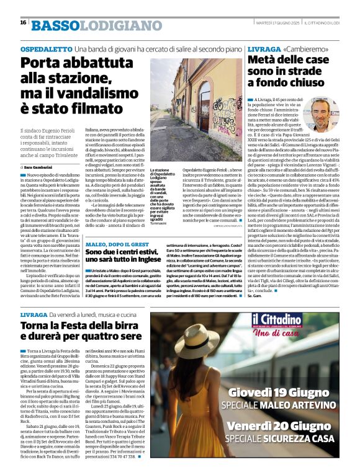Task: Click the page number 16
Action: (23, 22)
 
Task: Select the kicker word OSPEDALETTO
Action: (46, 48)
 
